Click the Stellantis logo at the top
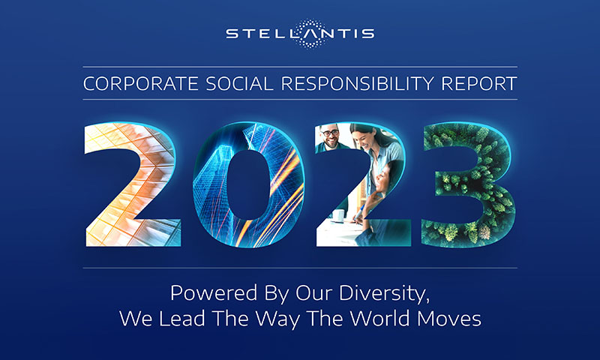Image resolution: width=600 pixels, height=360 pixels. click(x=301, y=34)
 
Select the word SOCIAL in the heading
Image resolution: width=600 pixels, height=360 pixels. click(x=239, y=84)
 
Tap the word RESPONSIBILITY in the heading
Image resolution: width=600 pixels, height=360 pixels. click(x=358, y=84)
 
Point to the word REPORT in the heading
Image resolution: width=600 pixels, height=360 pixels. click(x=479, y=84)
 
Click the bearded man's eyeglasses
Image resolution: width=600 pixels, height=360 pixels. click(x=330, y=133)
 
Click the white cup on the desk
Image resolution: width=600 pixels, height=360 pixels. click(x=338, y=215)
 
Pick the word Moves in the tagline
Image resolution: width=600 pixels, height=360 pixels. click(x=449, y=318)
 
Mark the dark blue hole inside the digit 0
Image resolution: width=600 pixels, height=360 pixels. click(x=248, y=184)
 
